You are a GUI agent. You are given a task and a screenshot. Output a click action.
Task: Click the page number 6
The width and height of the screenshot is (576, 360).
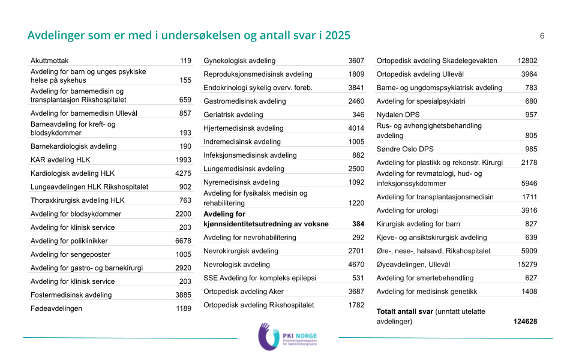(x=542, y=36)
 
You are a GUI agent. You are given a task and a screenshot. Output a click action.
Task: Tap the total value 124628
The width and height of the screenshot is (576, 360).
(x=525, y=322)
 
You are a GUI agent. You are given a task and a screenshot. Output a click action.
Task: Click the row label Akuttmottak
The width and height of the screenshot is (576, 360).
(x=50, y=61)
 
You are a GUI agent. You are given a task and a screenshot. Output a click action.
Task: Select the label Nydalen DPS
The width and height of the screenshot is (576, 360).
(x=398, y=115)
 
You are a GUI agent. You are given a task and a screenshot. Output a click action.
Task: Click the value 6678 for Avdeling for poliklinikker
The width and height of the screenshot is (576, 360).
(x=183, y=241)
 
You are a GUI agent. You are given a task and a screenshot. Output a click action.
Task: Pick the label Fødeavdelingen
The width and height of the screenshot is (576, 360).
(x=56, y=308)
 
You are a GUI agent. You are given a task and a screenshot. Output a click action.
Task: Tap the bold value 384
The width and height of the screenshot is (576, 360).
(x=358, y=224)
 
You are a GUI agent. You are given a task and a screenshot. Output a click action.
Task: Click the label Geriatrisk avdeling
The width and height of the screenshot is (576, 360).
(x=233, y=115)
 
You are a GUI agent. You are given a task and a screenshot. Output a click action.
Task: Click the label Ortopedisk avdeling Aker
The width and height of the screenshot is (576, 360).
(x=244, y=292)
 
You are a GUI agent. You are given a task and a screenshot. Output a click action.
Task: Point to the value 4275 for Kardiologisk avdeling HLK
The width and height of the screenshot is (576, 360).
(x=183, y=173)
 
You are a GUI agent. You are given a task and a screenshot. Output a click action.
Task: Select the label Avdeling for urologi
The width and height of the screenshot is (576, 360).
(x=407, y=211)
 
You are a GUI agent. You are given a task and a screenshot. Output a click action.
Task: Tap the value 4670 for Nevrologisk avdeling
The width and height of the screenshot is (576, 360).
(x=356, y=265)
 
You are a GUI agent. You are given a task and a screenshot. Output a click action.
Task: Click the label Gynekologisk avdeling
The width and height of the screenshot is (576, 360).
(x=239, y=61)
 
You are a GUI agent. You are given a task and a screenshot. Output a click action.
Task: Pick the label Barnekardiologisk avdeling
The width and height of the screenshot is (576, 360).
(x=73, y=146)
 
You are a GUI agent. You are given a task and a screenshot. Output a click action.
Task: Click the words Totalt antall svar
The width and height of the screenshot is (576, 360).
(x=404, y=311)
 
